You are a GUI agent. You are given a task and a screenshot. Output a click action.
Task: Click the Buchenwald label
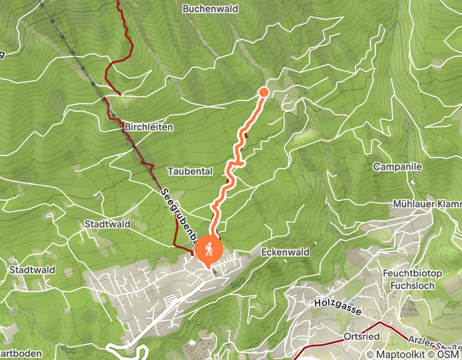pos(209,9)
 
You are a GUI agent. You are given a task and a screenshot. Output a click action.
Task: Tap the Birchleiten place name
pos(149,127)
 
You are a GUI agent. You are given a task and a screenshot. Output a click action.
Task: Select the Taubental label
pos(190,171)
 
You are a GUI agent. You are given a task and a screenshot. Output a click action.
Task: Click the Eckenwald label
pos(285,253)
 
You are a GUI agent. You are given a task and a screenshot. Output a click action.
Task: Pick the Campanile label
pos(397,167)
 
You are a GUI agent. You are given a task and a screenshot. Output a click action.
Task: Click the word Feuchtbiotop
pos(409,273)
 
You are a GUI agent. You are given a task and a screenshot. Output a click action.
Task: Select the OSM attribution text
pos(450,354)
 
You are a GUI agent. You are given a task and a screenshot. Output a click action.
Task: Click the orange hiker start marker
pos(208,249)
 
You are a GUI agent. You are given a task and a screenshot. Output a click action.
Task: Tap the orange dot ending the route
pos(263,92)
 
